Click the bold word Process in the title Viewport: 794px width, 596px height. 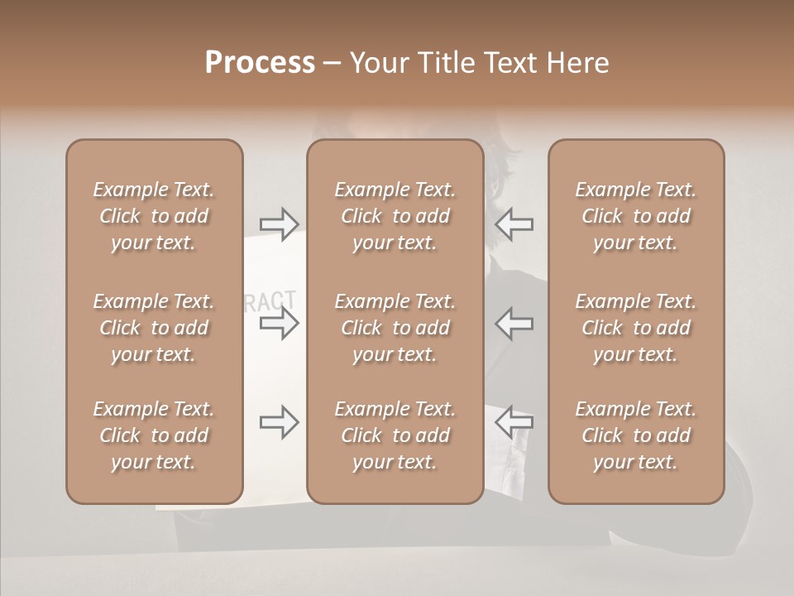coord(260,63)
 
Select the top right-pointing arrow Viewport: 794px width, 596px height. coord(280,224)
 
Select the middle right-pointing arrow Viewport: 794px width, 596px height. coord(280,323)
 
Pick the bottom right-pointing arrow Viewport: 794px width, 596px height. coord(280,422)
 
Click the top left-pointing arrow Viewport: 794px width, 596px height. coord(514,224)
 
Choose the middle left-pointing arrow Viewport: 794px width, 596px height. coord(514,323)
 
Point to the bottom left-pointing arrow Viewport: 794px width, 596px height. coord(514,422)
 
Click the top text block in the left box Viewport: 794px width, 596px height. coord(154,216)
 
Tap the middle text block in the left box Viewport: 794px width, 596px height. coord(154,328)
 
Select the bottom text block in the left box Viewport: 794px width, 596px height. coord(154,435)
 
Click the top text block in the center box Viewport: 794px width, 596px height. coord(395,216)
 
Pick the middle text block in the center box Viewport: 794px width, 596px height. coord(395,328)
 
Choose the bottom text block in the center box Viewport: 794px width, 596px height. coord(395,435)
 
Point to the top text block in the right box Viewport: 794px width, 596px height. coord(636,216)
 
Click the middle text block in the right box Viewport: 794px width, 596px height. coord(636,328)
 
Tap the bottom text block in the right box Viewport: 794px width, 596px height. coord(636,435)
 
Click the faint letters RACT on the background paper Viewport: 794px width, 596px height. coord(272,301)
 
